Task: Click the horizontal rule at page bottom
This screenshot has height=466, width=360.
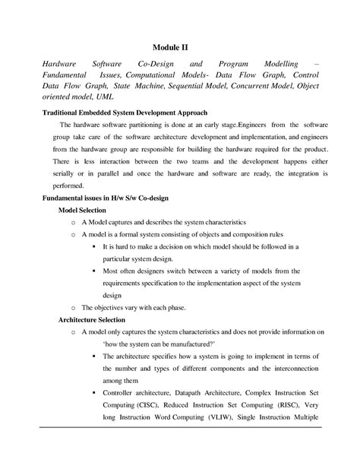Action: [179, 427]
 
